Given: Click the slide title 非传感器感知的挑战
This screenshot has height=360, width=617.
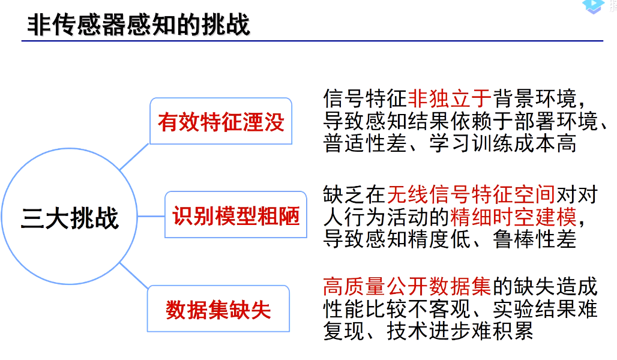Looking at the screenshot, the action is (139, 25).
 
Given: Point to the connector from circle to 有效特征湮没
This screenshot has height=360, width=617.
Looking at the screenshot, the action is (134, 157).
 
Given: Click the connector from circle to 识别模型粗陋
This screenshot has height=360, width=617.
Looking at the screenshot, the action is (151, 216).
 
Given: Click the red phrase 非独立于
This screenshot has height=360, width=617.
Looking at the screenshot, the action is (450, 98).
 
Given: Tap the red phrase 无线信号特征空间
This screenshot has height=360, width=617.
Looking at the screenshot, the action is (471, 195).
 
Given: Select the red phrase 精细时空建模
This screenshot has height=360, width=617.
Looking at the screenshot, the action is (513, 217).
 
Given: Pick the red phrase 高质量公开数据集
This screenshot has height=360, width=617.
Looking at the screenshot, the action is (408, 286).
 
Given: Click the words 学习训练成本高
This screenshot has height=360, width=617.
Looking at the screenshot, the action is (503, 143).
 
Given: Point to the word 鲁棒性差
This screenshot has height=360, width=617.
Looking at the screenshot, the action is (535, 239).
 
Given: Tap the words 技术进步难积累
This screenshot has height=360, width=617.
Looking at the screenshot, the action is (460, 331).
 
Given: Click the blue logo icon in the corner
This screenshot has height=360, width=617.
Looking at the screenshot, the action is (594, 6).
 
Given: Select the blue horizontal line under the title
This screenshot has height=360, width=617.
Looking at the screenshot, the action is (313, 41).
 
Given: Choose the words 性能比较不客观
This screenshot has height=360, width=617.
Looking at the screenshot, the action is (397, 309).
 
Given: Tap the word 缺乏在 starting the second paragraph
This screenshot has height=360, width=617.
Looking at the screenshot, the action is (355, 195).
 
